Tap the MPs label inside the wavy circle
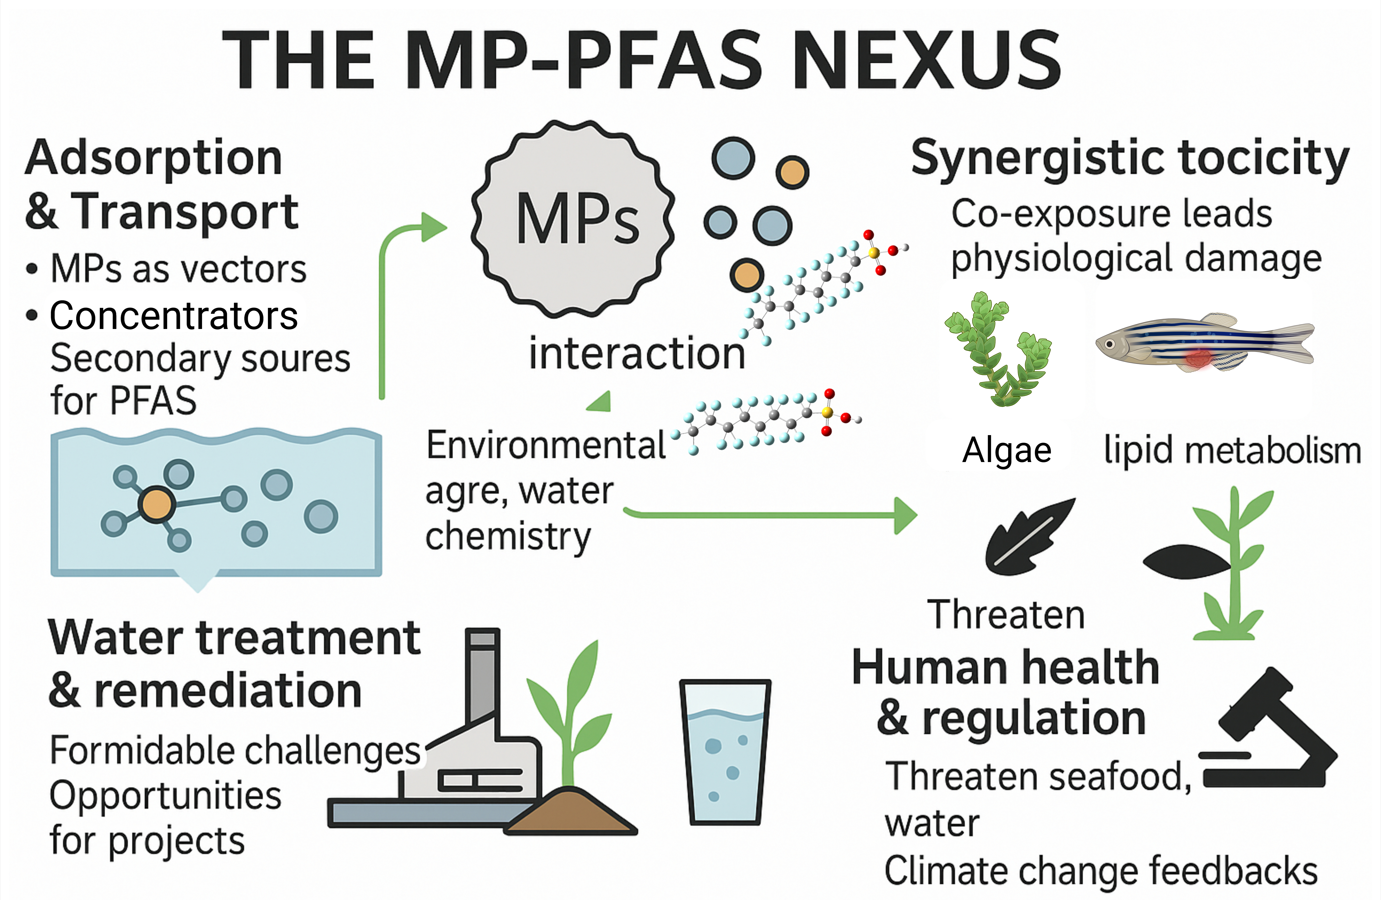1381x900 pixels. click(577, 219)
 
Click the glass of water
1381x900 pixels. click(725, 751)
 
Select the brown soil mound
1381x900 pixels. click(572, 812)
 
